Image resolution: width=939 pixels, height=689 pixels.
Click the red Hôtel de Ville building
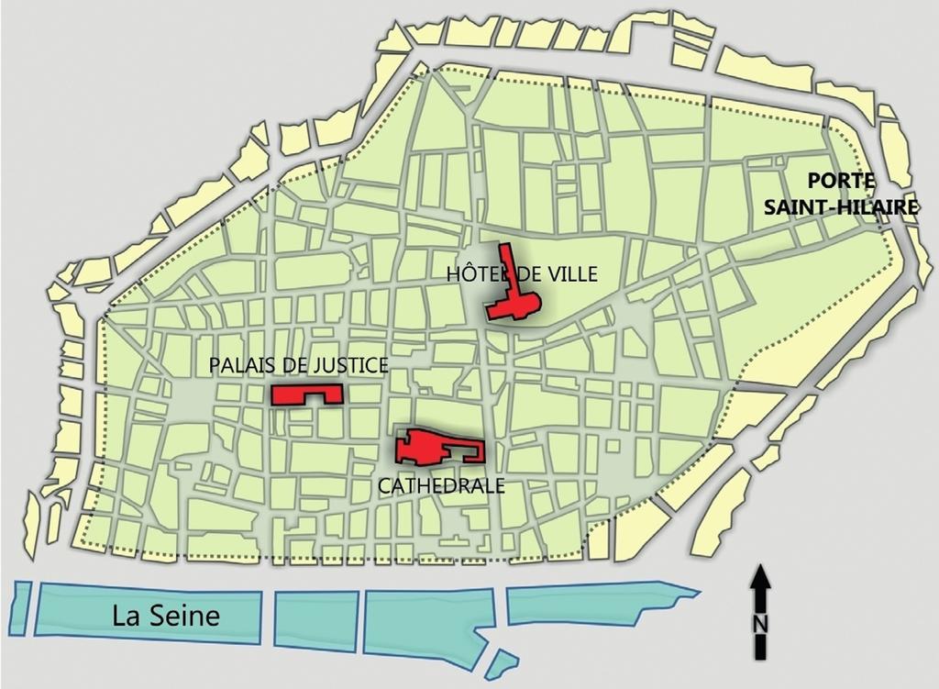[x=514, y=304]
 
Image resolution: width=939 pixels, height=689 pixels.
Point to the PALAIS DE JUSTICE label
[x=298, y=366]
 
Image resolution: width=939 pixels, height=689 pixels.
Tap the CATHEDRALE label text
[x=441, y=485]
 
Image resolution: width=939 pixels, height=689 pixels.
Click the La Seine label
[x=166, y=615]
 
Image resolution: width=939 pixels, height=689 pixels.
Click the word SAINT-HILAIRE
[x=843, y=207]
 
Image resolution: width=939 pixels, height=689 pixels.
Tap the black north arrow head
[x=760, y=577]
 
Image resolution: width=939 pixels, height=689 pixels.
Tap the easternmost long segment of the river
[x=587, y=604]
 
